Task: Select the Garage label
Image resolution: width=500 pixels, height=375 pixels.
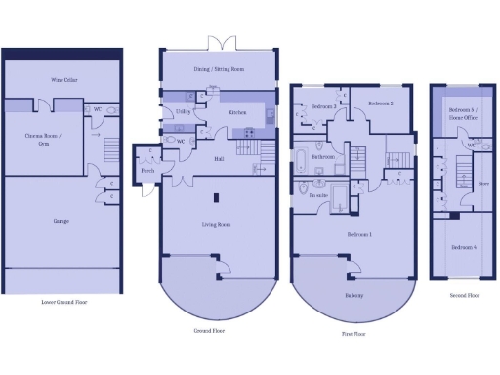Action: (x=61, y=221)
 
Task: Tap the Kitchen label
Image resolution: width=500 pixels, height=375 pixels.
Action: (x=237, y=113)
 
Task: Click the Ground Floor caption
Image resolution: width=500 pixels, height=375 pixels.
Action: (x=211, y=331)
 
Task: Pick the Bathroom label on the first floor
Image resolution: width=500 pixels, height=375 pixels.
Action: (x=323, y=156)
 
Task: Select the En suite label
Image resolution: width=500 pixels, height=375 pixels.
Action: (x=318, y=195)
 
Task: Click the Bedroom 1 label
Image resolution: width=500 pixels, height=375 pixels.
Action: (x=359, y=235)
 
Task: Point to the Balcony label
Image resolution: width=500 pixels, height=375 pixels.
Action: (x=354, y=294)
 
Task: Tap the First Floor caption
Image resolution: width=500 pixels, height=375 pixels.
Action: (x=354, y=332)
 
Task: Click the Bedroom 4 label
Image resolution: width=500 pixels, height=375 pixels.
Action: (x=463, y=247)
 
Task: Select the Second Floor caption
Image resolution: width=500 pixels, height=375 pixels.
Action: (x=464, y=294)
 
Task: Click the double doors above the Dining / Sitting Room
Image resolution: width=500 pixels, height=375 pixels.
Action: (x=224, y=43)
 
